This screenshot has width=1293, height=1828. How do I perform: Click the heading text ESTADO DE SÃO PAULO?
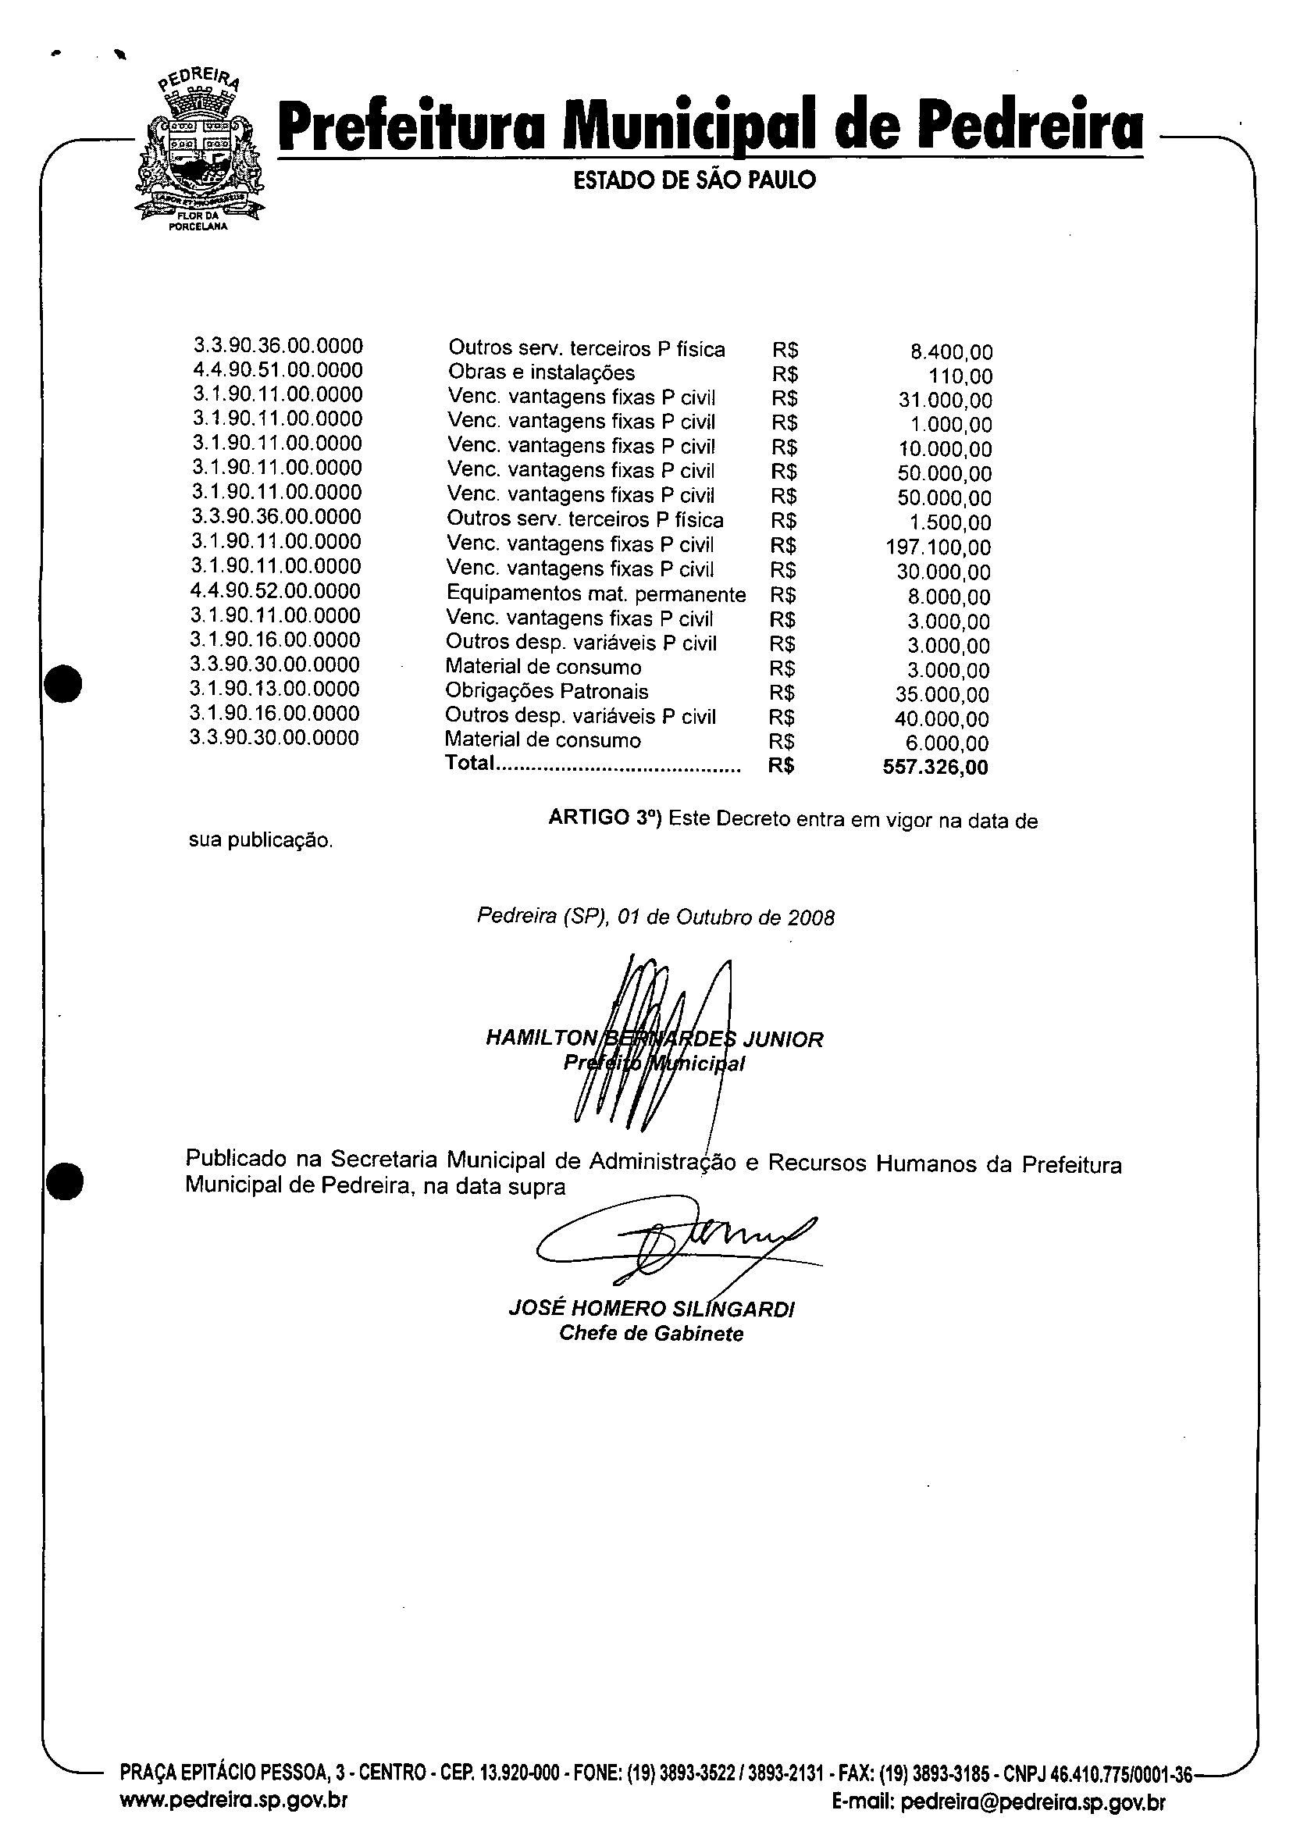(x=694, y=180)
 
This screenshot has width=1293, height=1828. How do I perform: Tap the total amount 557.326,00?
(x=935, y=768)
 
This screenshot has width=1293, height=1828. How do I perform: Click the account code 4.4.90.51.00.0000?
(x=277, y=370)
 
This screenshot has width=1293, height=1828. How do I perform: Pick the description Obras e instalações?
(x=541, y=372)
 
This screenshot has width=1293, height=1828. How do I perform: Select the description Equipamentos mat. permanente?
(x=596, y=595)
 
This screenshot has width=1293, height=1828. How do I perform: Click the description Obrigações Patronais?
(x=547, y=692)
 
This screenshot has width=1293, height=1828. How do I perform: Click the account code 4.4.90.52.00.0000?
(x=276, y=591)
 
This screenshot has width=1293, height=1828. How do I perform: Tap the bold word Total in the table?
(x=470, y=764)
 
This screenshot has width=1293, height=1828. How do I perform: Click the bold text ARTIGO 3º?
(x=605, y=818)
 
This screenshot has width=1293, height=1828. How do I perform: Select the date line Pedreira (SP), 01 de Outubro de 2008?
(x=655, y=918)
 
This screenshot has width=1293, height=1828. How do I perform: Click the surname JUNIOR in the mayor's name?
(x=782, y=1040)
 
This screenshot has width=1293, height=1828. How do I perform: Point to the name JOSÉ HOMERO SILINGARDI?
(x=651, y=1309)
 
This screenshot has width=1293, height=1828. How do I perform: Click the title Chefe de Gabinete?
(x=651, y=1334)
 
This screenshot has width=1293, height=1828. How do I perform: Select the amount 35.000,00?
(x=942, y=695)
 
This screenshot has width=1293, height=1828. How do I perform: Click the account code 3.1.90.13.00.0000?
(x=275, y=689)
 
